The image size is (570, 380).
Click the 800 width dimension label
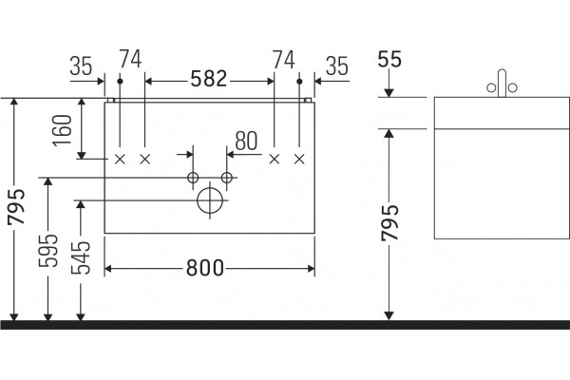click(x=205, y=268)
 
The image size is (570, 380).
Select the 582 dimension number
click(x=209, y=79)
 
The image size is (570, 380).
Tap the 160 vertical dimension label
click(x=63, y=130)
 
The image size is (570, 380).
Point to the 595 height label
click(x=48, y=251)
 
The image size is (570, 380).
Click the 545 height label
click(x=81, y=257)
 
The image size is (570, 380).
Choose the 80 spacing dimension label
click(x=246, y=142)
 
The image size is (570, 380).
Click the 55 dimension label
click(x=389, y=59)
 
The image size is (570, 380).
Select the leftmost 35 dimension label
click(x=81, y=66)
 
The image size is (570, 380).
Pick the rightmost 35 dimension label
click(x=337, y=66)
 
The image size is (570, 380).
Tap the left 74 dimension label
click(x=130, y=59)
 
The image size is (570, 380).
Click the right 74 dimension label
click(x=284, y=60)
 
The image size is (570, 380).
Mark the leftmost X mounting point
click(x=120, y=159)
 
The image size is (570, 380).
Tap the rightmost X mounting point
click(x=299, y=159)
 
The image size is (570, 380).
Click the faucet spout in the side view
click(x=502, y=84)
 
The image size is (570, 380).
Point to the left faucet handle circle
click(x=491, y=87)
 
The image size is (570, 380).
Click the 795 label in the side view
click(x=390, y=222)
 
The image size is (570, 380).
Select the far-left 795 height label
click(x=17, y=206)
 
